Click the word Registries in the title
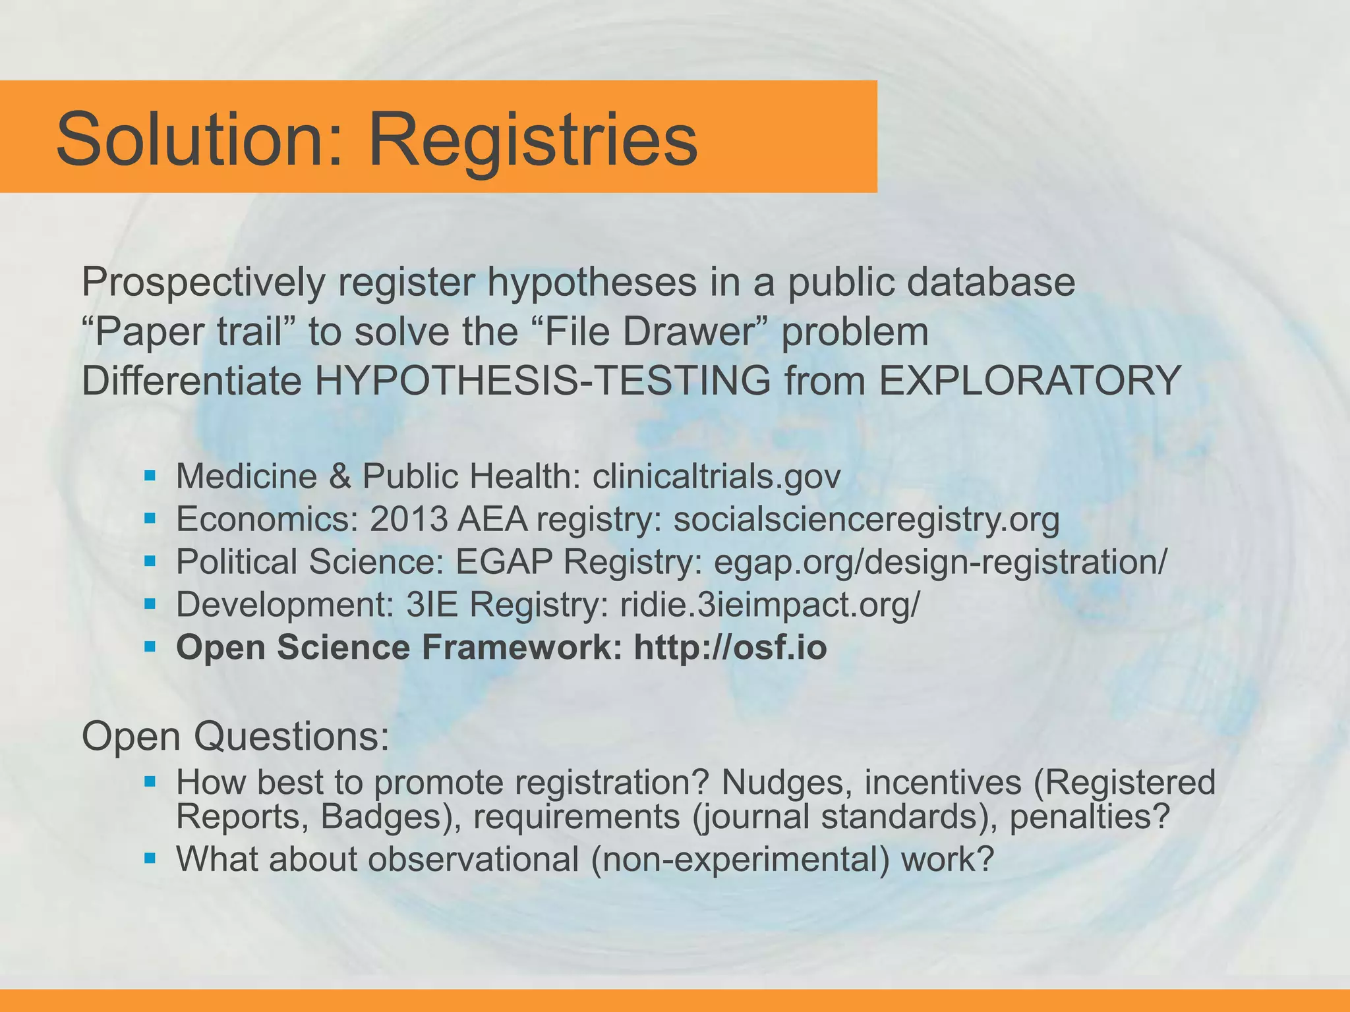point(533,140)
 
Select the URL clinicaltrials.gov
point(717,476)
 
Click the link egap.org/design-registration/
point(940,561)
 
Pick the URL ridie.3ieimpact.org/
point(769,604)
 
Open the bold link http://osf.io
point(730,647)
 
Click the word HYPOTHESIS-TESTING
point(543,381)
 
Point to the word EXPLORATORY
point(1029,381)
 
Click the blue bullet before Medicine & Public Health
point(150,474)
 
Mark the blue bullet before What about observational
point(150,858)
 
